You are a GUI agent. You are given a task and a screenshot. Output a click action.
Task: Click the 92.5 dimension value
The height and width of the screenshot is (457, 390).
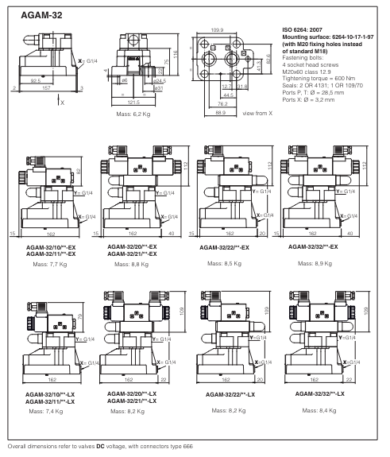pyautogui.click(x=36, y=80)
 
